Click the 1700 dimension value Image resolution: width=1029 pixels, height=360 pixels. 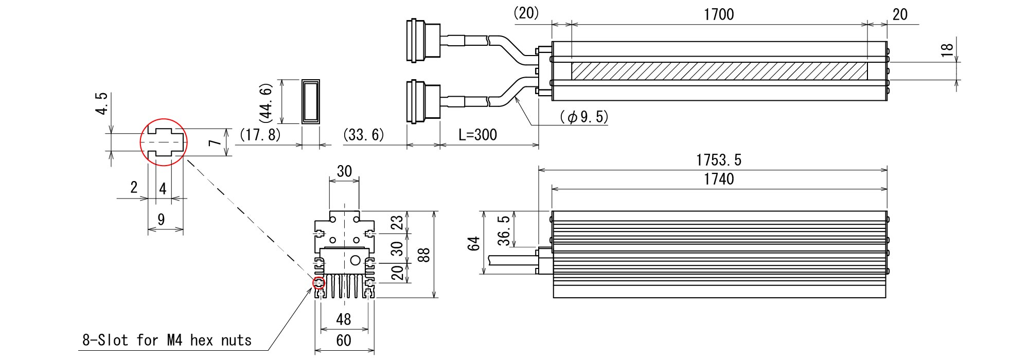(719, 14)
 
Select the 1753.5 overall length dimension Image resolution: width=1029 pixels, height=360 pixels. (719, 160)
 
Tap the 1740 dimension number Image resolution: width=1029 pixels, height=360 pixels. (719, 179)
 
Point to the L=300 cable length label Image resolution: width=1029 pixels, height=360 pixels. (477, 135)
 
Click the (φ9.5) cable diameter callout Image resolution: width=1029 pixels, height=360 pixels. (583, 118)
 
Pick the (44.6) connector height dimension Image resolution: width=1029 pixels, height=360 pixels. (268, 101)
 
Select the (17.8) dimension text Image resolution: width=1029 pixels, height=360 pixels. (260, 135)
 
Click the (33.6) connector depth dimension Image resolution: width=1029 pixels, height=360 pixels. (363, 135)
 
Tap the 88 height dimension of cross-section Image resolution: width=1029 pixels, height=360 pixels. (423, 254)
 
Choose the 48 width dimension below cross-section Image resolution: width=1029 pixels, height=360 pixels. (343, 319)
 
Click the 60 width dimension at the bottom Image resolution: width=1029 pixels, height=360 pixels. (344, 340)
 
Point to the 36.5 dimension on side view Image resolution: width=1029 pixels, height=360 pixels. (505, 230)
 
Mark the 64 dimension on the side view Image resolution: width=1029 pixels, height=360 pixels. (475, 243)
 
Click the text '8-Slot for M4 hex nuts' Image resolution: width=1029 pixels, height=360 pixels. (167, 340)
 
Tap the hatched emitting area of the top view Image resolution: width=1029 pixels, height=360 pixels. (719, 71)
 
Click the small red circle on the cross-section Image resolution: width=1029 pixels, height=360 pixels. (319, 282)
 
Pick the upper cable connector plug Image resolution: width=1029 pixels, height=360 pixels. (423, 41)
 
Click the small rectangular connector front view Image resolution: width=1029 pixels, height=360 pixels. (310, 101)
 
